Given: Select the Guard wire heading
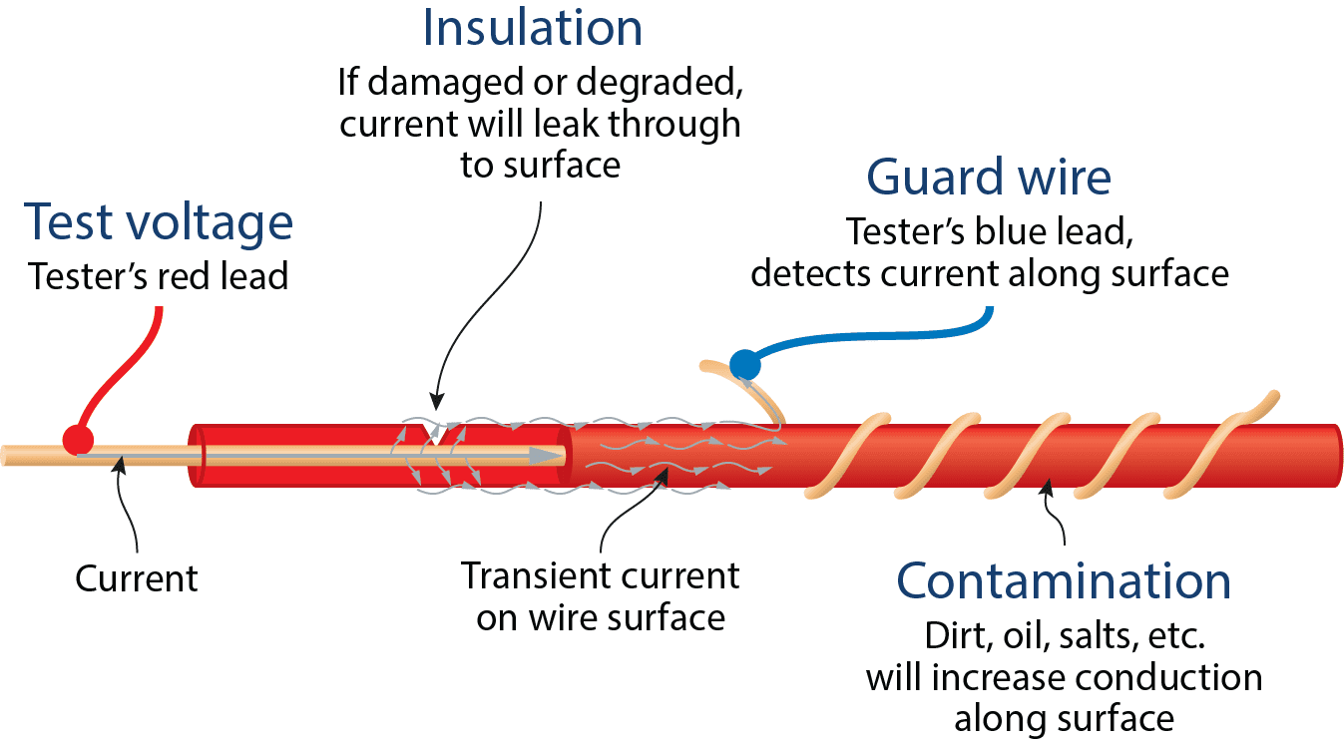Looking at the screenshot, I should point(988,178).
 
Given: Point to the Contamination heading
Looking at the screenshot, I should point(1063,580).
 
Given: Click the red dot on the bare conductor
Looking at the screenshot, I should point(78,438).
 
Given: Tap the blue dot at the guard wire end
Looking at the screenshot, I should point(744,364).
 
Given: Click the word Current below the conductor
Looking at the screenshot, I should point(137,578).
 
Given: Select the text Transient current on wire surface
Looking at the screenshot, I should point(601,596).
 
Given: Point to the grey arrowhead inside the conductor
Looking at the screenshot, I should point(546,456).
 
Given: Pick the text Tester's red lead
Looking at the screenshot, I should point(159,275).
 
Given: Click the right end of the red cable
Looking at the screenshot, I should point(1332,456).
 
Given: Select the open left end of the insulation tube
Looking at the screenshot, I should point(197,456).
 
